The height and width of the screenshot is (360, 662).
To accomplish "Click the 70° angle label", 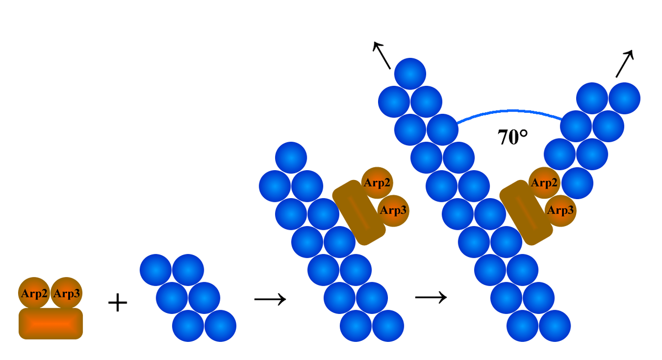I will (513, 138).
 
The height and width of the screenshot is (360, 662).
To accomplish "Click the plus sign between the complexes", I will (117, 303).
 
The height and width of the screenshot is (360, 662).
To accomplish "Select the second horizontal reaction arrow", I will (431, 297).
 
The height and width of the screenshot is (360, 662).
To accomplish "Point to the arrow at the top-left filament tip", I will (382, 55).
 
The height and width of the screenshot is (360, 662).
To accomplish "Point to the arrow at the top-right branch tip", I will (624, 64).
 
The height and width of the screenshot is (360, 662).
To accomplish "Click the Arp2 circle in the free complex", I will (34, 293).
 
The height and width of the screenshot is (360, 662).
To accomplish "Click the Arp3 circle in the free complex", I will (67, 293).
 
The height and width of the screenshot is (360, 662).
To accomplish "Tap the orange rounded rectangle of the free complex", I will (51, 324).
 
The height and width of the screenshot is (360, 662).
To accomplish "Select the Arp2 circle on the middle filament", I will (377, 183).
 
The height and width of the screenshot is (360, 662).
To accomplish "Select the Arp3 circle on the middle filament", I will (393, 211).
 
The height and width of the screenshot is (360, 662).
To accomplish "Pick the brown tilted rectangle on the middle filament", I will (359, 212).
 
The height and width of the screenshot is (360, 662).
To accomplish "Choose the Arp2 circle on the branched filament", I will (544, 183).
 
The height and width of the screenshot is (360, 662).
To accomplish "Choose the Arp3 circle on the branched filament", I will (560, 211).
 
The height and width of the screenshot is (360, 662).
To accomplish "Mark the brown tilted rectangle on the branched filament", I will (526, 212).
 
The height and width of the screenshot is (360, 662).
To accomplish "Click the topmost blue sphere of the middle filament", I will (291, 158).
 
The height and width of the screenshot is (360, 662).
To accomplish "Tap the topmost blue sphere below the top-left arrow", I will (410, 74).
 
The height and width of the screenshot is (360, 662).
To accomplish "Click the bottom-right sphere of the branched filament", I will (554, 326).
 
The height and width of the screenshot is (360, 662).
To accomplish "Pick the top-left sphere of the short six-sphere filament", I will (156, 270).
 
